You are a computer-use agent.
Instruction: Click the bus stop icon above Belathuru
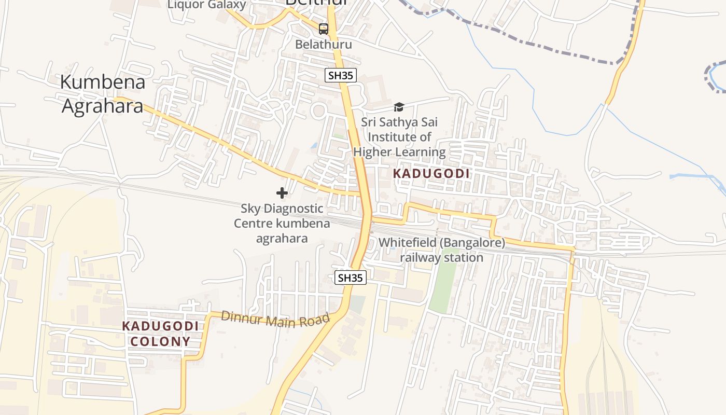(x=324, y=29)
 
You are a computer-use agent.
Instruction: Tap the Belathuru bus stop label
(x=324, y=45)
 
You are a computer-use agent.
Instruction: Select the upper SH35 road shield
(x=341, y=75)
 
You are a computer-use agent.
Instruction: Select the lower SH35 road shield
(x=350, y=278)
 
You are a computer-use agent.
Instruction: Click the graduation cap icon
(x=399, y=107)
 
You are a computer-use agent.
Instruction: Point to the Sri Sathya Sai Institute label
(x=399, y=137)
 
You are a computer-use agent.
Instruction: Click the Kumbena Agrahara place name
(x=103, y=94)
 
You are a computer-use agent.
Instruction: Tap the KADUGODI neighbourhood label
(x=431, y=174)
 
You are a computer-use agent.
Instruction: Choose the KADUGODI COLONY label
(x=160, y=334)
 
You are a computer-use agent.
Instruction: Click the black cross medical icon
(x=282, y=193)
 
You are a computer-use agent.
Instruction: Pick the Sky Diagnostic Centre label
(x=282, y=223)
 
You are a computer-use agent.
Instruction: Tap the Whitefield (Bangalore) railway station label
(x=441, y=250)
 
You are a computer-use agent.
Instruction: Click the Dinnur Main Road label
(x=275, y=319)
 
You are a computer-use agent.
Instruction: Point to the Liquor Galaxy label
(x=206, y=5)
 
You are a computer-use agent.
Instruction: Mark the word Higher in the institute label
(x=373, y=152)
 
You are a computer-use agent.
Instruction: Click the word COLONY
(x=160, y=341)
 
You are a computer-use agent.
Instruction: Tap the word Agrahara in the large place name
(x=103, y=106)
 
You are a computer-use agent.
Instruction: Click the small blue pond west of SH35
(x=314, y=146)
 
